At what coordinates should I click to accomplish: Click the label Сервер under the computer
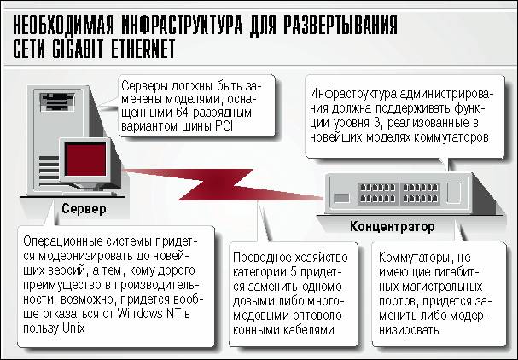tap(84, 208)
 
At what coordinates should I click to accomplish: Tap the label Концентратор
tap(393, 227)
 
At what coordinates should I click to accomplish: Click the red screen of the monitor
tap(85, 160)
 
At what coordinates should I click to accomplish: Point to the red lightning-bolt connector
tap(222, 184)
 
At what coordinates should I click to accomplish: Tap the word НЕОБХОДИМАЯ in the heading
tap(63, 25)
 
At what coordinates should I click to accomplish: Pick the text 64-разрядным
tap(213, 113)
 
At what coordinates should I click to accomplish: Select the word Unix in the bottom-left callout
tap(73, 328)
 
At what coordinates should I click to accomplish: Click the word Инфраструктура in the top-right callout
tap(352, 94)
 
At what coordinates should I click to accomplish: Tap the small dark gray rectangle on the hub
tap(341, 198)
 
